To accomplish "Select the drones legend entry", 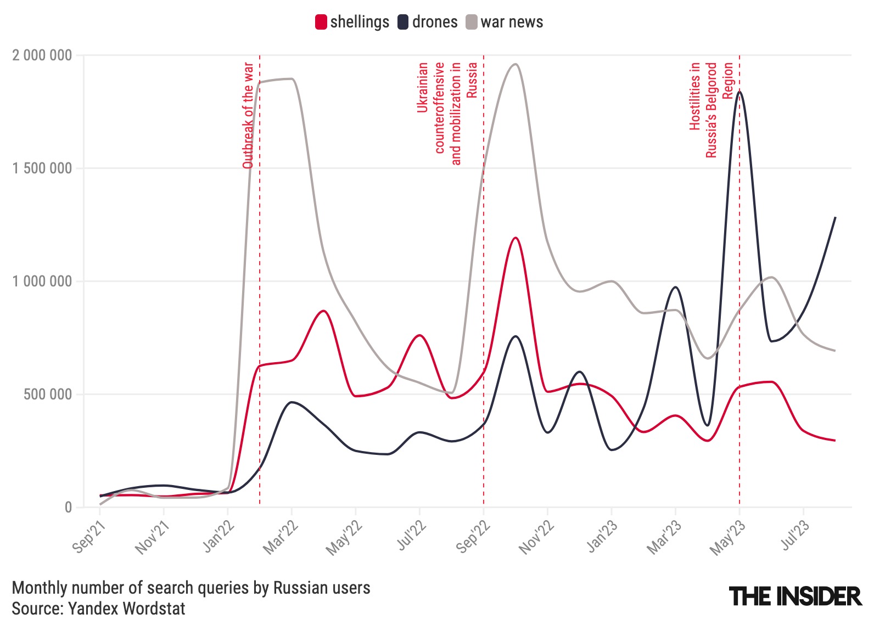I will tap(428, 22).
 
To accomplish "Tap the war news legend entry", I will tap(505, 22).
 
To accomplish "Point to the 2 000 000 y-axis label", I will tap(42, 55).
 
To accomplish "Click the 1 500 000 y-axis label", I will tap(42, 168).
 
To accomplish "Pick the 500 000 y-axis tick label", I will tap(48, 395).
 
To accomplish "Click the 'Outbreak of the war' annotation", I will tap(248, 115).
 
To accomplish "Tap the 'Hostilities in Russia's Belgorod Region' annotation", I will tap(711, 110).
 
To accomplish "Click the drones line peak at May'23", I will tap(739, 92).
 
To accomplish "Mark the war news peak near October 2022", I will tap(515, 64).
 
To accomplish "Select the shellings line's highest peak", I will tap(516, 238).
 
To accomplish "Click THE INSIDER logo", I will tap(795, 596).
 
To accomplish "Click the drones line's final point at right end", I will tap(835, 218).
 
